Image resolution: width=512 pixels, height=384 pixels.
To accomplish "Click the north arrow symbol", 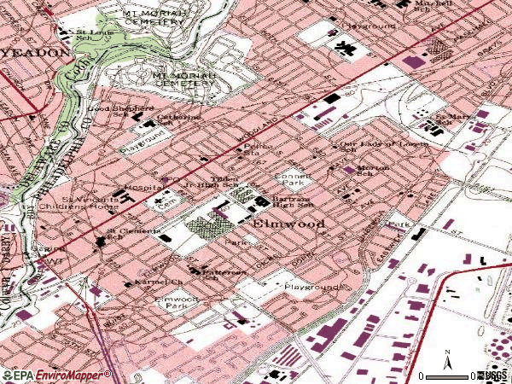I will pyautogui.click(x=448, y=358).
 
